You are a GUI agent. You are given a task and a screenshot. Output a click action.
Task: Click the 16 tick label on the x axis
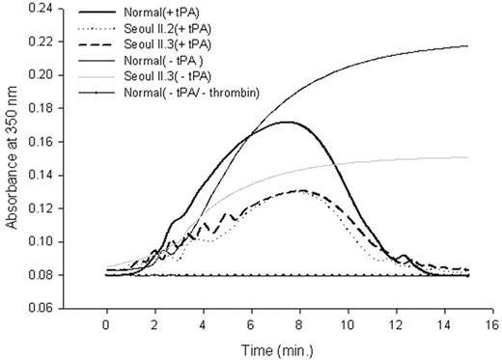491,325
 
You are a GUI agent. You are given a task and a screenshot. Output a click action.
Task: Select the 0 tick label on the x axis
106,325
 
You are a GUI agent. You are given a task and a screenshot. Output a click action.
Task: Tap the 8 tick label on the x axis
299,325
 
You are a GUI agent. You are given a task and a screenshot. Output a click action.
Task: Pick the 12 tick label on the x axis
395,325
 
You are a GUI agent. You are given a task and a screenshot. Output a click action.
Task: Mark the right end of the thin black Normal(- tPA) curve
467,45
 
